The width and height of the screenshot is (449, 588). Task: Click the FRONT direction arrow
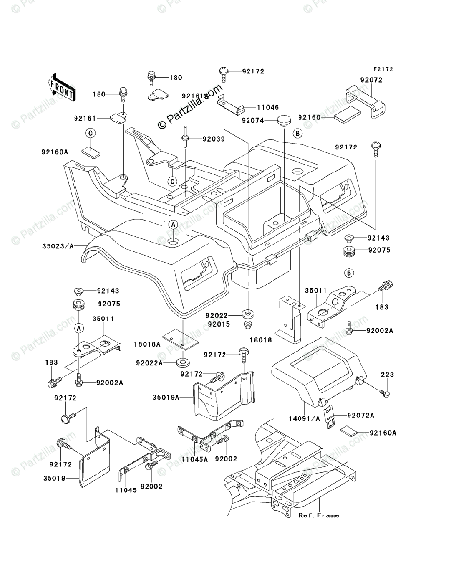tap(61, 88)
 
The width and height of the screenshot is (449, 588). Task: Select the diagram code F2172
tap(383, 69)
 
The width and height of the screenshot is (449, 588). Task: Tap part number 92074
tap(252, 121)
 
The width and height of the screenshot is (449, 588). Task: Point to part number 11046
tap(268, 108)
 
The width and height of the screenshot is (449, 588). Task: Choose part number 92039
tap(214, 139)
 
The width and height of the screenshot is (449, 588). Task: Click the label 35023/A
tap(58, 245)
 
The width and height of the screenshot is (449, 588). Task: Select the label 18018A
tap(147, 344)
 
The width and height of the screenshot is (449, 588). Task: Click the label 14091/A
tap(304, 419)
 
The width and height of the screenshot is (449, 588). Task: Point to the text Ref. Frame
tap(319, 515)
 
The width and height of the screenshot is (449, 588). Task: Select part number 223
tap(387, 375)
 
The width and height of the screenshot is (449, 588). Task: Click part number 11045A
tap(195, 459)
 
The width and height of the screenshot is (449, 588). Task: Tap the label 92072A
tap(361, 416)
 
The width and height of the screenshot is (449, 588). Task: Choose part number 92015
tap(219, 324)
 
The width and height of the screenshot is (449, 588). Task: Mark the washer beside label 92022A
tap(183, 363)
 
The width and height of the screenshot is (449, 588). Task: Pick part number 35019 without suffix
tap(54, 478)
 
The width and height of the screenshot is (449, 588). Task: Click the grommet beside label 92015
tap(248, 325)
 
